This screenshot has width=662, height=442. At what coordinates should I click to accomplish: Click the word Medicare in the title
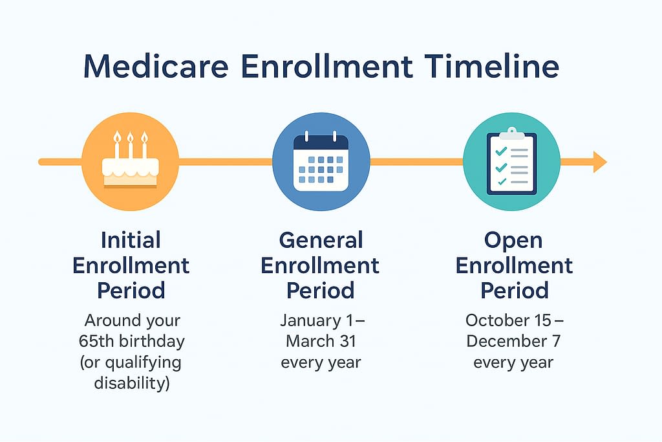pos(156,66)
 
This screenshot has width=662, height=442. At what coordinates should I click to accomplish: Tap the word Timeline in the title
pos(491,66)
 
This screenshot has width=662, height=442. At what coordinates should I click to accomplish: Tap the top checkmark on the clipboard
pos(501,151)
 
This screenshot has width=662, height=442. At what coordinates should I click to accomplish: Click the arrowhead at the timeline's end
pos(600,161)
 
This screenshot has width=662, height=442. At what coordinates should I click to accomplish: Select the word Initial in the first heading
pos(131,240)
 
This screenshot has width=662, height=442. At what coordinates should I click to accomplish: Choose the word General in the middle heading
pos(321,240)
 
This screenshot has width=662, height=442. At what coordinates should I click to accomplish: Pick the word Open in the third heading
pos(513,241)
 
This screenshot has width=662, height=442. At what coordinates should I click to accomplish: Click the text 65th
pos(94,341)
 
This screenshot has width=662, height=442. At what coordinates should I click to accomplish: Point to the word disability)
pos(132,383)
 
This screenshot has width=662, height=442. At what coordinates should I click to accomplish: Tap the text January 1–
pos(322,320)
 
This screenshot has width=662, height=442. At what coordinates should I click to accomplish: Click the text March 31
pos(321,341)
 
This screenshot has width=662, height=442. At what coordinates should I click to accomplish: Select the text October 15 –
pos(514,320)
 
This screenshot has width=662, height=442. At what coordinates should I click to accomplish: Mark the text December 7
pos(513,341)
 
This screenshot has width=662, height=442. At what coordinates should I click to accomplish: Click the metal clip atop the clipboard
pos(512,133)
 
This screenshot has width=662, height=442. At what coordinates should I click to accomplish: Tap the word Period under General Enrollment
pos(321,291)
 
